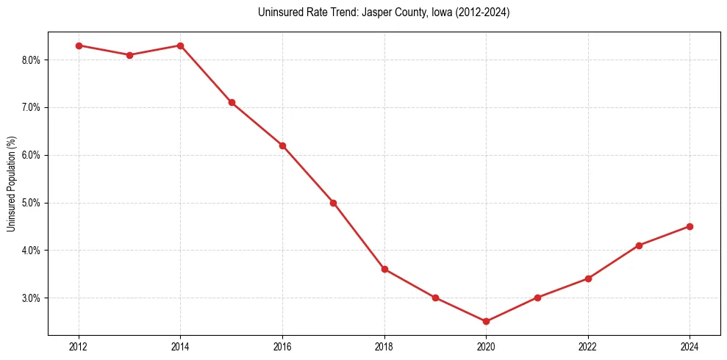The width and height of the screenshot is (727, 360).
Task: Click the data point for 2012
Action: [79, 46]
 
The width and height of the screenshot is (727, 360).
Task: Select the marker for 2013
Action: [129, 55]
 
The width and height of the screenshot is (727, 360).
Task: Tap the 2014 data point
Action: [180, 46]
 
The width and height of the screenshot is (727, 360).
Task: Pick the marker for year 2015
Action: [232, 103]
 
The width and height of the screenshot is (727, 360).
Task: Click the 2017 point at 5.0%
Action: [333, 203]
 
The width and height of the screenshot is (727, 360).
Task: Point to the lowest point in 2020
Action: [486, 322]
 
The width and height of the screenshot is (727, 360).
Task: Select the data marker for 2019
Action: [435, 298]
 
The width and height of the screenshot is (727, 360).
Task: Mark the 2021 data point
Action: [537, 298]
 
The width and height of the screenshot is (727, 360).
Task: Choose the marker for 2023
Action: [639, 245]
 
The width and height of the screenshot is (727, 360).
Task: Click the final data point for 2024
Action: [690, 226]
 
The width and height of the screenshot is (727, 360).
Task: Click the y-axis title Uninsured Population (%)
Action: [11, 184]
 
